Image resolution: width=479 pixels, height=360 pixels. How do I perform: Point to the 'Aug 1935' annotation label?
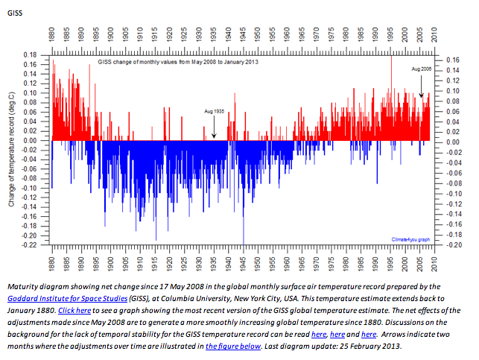[x=214, y=110]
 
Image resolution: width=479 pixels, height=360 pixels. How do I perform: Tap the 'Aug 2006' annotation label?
[x=421, y=69]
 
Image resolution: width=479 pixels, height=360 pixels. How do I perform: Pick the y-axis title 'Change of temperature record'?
[x=10, y=149]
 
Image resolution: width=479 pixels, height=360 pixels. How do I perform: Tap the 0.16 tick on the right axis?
[x=451, y=59]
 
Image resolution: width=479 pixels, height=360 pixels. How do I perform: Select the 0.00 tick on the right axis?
[x=451, y=141]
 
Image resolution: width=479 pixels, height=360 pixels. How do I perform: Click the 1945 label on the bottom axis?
[x=243, y=265]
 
